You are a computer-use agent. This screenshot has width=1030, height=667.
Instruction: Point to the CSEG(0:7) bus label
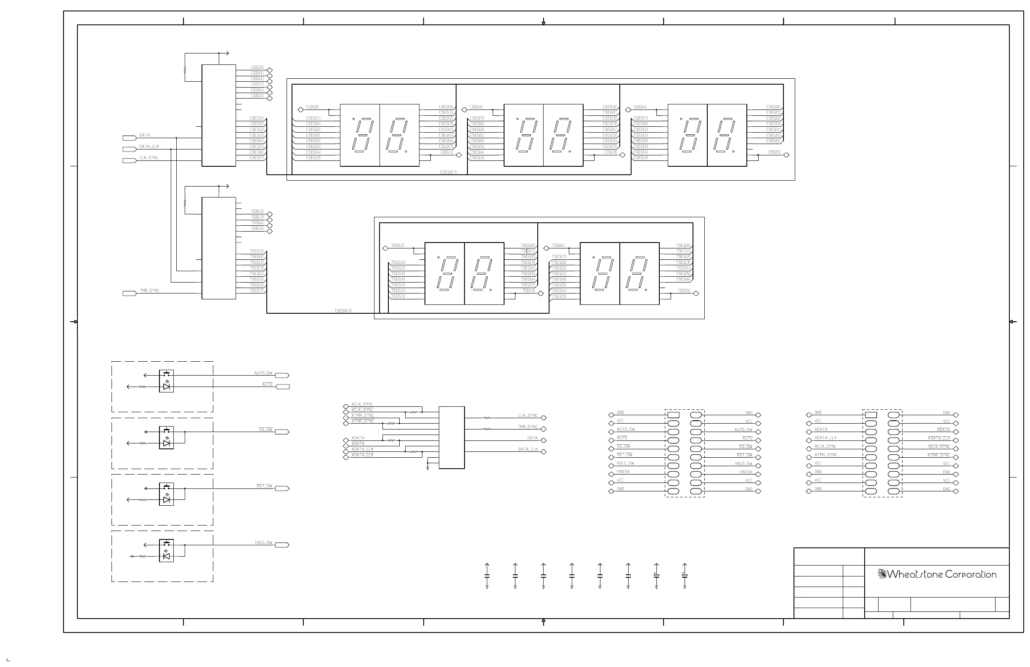449,172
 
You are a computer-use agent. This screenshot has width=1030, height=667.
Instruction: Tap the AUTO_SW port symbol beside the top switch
282,376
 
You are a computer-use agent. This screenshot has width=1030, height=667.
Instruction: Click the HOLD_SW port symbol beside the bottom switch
282,545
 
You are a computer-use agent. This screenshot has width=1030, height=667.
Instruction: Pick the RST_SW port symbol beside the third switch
282,488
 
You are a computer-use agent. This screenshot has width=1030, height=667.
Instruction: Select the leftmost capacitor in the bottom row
487,576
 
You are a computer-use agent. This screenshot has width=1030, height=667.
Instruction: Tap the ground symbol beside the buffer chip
427,468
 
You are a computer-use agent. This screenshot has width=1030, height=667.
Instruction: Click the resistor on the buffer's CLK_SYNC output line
487,418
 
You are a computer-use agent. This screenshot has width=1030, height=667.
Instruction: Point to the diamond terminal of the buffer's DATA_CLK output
544,452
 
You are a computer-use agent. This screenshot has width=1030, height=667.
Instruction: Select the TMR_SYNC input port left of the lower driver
130,293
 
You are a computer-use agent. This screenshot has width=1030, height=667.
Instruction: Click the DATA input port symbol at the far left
130,138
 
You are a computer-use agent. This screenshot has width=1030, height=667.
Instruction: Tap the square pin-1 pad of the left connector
673,415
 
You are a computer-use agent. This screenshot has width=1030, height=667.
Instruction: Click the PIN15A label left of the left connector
623,472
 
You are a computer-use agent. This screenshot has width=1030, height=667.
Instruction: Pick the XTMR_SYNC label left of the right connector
826,455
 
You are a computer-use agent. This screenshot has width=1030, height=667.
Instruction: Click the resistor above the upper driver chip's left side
185,70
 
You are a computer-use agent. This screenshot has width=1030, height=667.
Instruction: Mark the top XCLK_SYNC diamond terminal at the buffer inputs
345,407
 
